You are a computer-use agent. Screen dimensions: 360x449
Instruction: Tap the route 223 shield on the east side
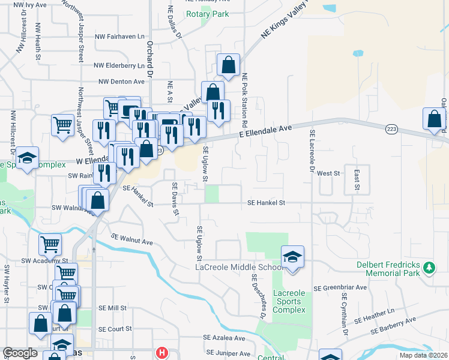tap(392, 130)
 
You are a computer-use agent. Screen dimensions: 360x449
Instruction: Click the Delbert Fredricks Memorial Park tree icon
tap(429, 267)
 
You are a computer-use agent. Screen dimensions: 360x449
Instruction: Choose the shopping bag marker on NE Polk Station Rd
tap(228, 65)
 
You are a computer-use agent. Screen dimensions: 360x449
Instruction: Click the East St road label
tap(356, 179)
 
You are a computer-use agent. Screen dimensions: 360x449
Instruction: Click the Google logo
tap(20, 353)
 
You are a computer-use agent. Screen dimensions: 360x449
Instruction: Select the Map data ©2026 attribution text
tap(423, 355)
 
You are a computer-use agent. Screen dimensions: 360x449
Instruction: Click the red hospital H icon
tap(161, 353)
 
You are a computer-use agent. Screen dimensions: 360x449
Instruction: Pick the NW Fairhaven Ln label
tap(120, 36)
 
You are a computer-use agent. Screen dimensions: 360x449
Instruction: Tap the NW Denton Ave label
tap(122, 81)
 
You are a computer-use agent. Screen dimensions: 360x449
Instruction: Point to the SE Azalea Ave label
tap(228, 338)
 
